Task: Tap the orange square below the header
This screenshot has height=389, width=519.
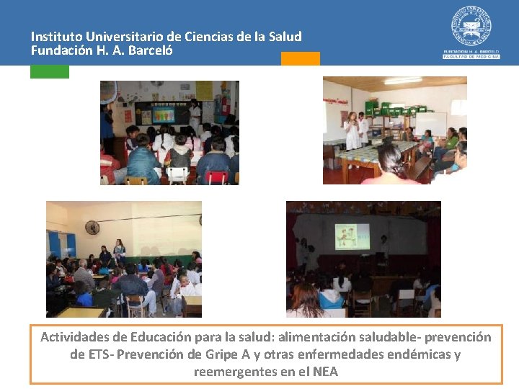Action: [300, 59]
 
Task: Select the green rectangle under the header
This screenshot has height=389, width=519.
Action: [50, 71]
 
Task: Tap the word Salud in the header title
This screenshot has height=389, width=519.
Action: [285, 36]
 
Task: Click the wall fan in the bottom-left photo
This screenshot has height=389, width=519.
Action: [92, 228]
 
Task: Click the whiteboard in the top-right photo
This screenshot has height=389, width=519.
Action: [430, 123]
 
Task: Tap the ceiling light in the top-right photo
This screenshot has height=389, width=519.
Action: [403, 81]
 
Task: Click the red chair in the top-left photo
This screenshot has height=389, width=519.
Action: [216, 176]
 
